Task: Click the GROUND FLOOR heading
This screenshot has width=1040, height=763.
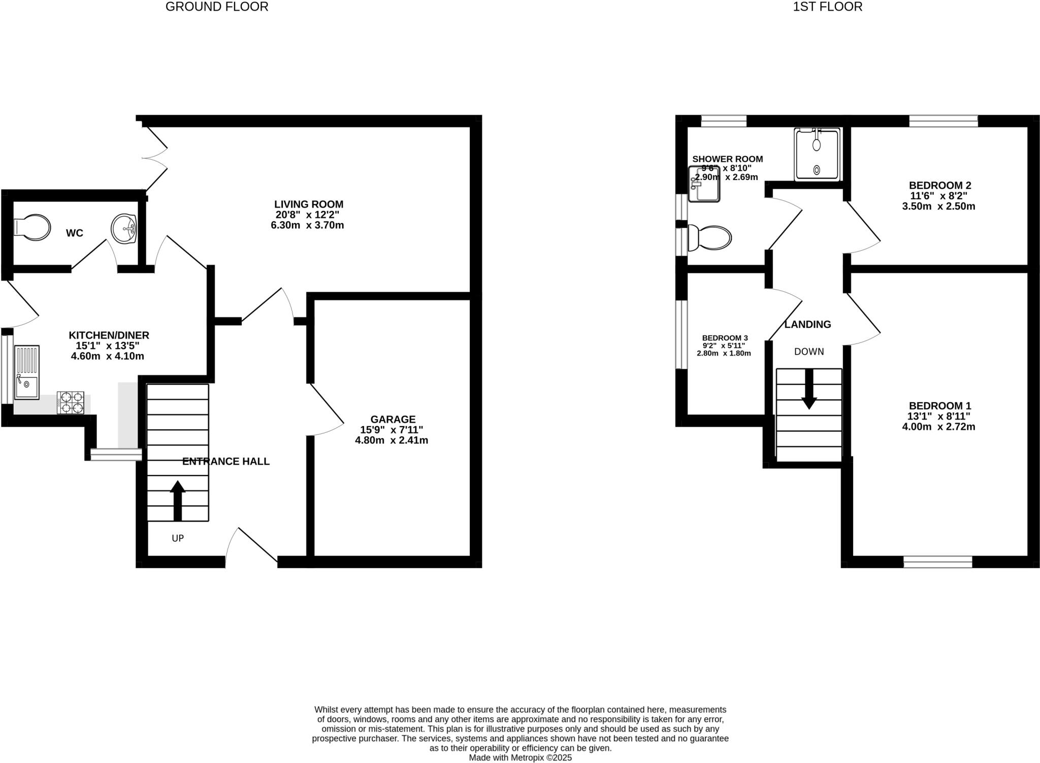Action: click(217, 7)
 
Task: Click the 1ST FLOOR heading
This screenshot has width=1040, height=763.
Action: click(827, 7)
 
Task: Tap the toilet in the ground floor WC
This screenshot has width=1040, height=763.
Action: click(34, 227)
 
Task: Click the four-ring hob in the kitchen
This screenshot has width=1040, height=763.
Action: click(71, 402)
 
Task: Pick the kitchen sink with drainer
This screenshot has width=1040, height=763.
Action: click(27, 372)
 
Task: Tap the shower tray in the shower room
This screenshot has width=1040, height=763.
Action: click(817, 154)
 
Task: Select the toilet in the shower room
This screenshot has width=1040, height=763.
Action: click(710, 238)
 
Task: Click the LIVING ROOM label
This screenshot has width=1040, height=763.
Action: click(309, 204)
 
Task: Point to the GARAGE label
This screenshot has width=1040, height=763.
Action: click(393, 420)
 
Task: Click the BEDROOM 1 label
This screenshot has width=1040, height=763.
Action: click(939, 406)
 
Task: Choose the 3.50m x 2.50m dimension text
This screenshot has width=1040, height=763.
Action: click(938, 206)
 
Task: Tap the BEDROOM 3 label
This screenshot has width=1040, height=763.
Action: click(725, 338)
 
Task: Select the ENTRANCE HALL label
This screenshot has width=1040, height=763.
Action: click(225, 462)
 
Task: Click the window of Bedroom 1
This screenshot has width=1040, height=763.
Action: click(937, 562)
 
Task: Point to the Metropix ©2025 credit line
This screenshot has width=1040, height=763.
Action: click(520, 757)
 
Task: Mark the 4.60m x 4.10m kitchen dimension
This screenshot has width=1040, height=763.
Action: click(108, 356)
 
